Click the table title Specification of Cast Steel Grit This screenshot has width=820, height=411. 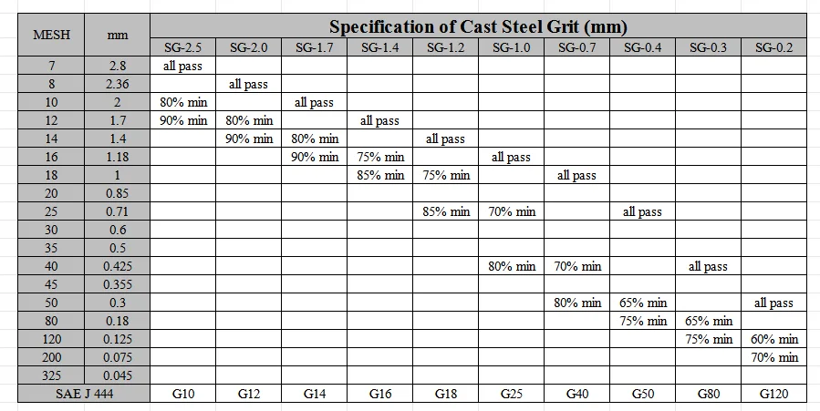(478, 26)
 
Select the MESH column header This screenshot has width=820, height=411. (50, 35)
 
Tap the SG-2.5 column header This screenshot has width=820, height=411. (183, 47)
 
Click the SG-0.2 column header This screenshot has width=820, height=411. (773, 47)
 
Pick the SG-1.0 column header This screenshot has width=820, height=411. (511, 47)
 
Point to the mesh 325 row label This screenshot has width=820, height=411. (50, 375)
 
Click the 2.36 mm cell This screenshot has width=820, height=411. (118, 84)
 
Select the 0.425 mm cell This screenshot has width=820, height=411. (118, 266)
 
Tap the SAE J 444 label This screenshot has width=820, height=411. (84, 394)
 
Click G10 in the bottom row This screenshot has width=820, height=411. (183, 394)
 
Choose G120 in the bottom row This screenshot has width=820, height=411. (773, 394)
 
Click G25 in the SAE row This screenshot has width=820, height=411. (511, 394)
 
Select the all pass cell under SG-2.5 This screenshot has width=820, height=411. (183, 66)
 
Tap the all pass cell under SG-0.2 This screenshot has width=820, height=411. (773, 303)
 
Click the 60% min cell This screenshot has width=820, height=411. (773, 339)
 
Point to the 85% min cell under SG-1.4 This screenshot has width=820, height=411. (380, 175)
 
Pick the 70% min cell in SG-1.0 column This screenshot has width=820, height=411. (511, 211)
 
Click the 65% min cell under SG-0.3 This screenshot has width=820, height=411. (709, 321)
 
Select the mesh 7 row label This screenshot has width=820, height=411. (50, 66)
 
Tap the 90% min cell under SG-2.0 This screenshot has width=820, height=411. (249, 139)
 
